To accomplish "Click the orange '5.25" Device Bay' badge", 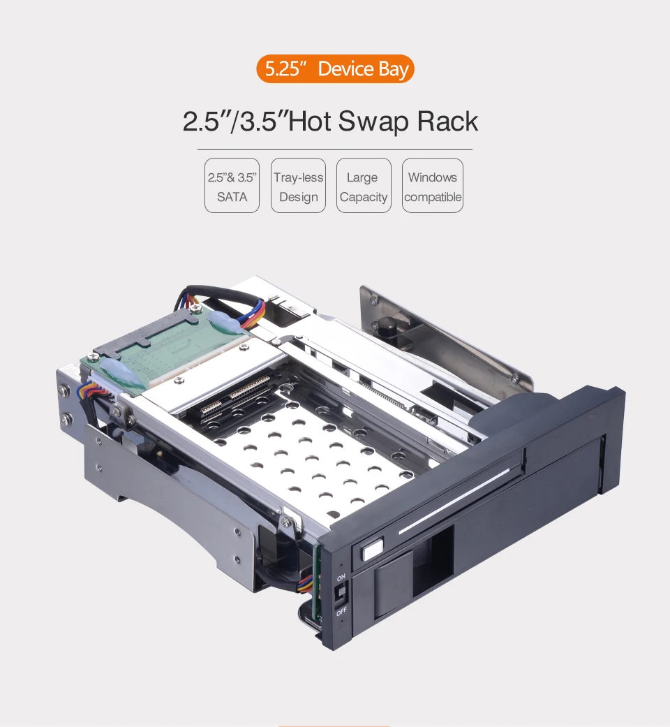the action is [335, 68].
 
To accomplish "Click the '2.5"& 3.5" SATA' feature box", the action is [232, 186].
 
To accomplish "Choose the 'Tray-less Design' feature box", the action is [299, 186].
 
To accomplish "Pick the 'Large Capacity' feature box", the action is [364, 186].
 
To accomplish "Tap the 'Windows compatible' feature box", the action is [433, 186].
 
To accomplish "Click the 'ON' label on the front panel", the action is [341, 578].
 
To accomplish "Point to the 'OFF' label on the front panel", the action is [341, 612].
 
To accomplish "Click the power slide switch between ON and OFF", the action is [341, 594].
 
